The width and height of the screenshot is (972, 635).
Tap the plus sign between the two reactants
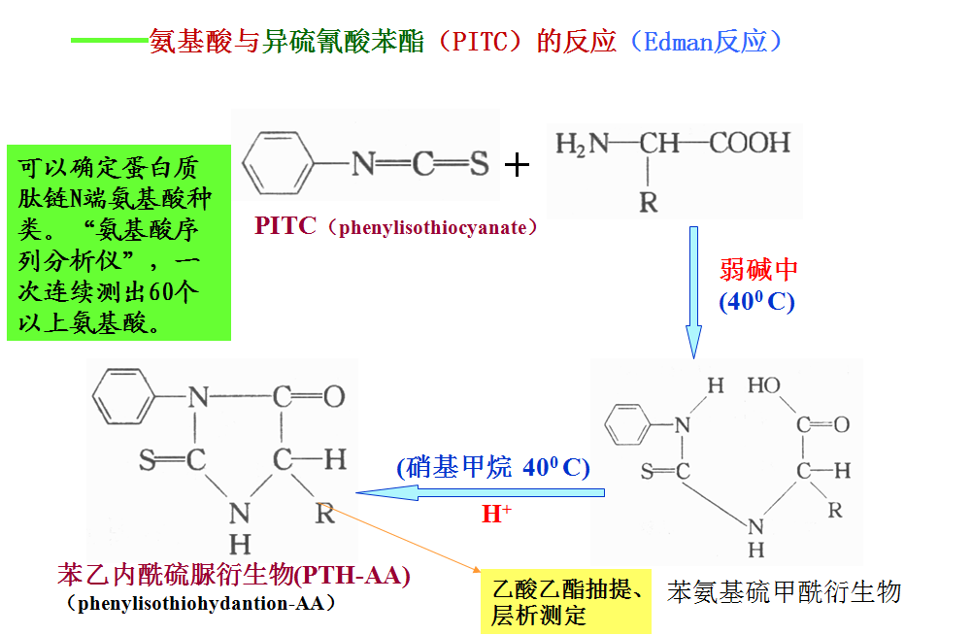pyautogui.click(x=518, y=165)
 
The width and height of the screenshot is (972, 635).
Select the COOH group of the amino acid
pyautogui.click(x=750, y=145)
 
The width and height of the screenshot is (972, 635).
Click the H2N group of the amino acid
pyautogui.click(x=582, y=145)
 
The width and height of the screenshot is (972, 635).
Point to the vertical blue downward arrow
pyautogui.click(x=693, y=291)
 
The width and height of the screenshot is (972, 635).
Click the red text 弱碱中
pyautogui.click(x=758, y=269)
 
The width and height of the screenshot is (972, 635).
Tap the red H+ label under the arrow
pyautogui.click(x=496, y=515)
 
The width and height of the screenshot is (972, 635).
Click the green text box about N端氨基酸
pyautogui.click(x=118, y=243)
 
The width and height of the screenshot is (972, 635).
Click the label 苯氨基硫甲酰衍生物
pyautogui.click(x=785, y=592)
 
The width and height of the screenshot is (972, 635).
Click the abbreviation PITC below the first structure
pyautogui.click(x=285, y=226)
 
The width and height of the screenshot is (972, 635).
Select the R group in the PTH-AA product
pyautogui.click(x=324, y=513)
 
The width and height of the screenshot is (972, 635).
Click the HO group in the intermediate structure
pyautogui.click(x=764, y=385)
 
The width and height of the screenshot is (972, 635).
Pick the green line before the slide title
pyautogui.click(x=109, y=41)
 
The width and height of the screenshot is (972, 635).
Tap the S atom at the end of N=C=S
pyautogui.click(x=479, y=164)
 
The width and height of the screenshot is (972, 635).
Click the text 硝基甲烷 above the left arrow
pyautogui.click(x=459, y=467)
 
